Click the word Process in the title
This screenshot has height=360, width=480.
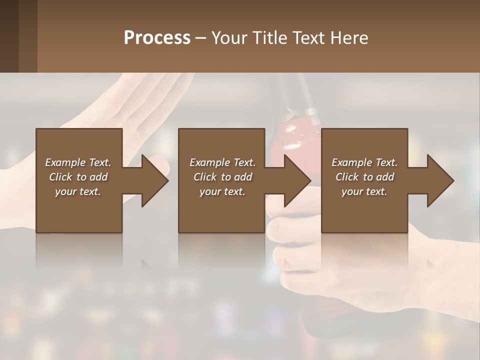click(x=157, y=38)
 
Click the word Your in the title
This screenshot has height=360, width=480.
click(x=228, y=38)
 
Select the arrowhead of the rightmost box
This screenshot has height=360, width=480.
click(x=440, y=180)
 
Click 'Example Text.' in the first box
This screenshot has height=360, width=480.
click(x=78, y=162)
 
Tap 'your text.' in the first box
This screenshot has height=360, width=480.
click(x=78, y=191)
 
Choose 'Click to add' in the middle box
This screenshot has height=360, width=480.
click(x=222, y=177)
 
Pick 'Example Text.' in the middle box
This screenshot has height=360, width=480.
click(x=222, y=162)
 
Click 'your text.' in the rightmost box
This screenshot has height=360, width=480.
click(x=364, y=191)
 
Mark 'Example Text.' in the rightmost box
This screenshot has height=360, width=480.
click(x=364, y=162)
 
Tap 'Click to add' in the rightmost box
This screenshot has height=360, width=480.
click(x=364, y=177)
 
